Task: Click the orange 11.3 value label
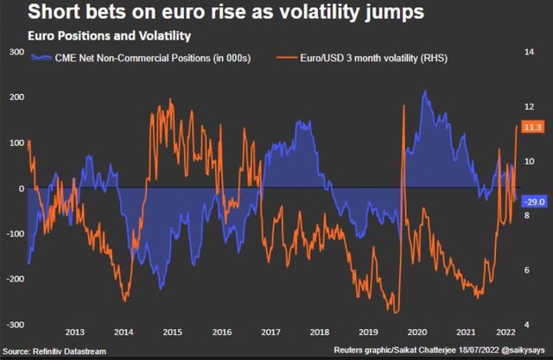coord(532,127)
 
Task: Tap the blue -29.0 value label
coord(535,202)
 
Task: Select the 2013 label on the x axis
coord(75,332)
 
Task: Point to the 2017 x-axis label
coord(270,332)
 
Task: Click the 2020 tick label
coord(417,332)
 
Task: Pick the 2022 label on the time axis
coord(505,332)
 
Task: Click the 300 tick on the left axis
coord(17,52)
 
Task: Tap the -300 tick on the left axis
coord(16,325)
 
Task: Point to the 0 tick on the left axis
coord(22,188)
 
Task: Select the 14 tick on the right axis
coord(529,52)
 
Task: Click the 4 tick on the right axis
coord(526,325)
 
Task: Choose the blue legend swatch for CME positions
coord(41,58)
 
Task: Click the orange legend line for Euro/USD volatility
coord(287,58)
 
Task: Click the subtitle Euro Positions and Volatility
coord(110,36)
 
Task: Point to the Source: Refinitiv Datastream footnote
coord(54,351)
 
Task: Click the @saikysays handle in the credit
coord(523,351)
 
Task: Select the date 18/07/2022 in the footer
coord(479,351)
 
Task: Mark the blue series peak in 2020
coord(425,91)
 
